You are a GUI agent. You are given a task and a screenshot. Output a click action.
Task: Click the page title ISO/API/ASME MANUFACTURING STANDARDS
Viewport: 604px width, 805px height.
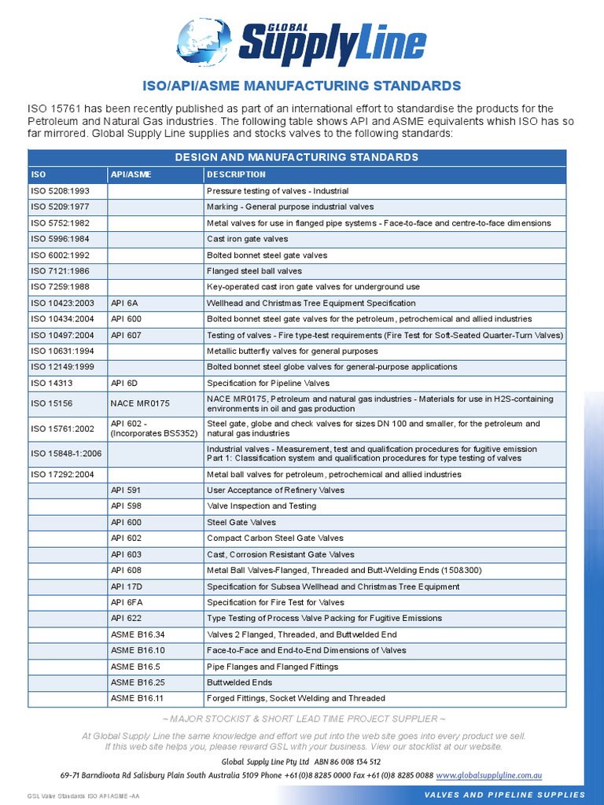(301, 85)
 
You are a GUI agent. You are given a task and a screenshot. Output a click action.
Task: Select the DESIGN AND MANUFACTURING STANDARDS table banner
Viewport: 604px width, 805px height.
(296, 157)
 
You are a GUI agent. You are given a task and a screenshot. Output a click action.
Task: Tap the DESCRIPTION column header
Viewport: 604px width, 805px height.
(236, 175)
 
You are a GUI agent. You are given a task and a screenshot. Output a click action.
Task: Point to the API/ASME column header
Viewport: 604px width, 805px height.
(131, 175)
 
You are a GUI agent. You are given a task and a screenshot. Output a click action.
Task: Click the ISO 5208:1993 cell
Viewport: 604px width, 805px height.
(60, 191)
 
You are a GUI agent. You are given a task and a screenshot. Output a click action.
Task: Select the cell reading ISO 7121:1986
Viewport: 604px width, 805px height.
(60, 271)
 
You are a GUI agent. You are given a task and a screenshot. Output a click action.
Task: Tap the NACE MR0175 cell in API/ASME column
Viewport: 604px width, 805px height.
(140, 403)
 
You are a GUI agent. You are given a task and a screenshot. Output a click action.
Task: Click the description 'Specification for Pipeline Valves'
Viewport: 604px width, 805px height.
(267, 383)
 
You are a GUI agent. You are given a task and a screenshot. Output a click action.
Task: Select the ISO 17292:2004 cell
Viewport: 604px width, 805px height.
(62, 475)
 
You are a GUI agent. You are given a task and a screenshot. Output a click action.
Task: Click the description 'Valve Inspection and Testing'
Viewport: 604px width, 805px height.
(261, 506)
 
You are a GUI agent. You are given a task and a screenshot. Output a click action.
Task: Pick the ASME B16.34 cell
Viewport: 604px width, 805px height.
(138, 634)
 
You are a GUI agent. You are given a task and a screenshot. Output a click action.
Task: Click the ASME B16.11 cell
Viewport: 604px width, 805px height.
(138, 698)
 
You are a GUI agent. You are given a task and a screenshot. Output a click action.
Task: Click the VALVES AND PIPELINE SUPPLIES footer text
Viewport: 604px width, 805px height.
(504, 795)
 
